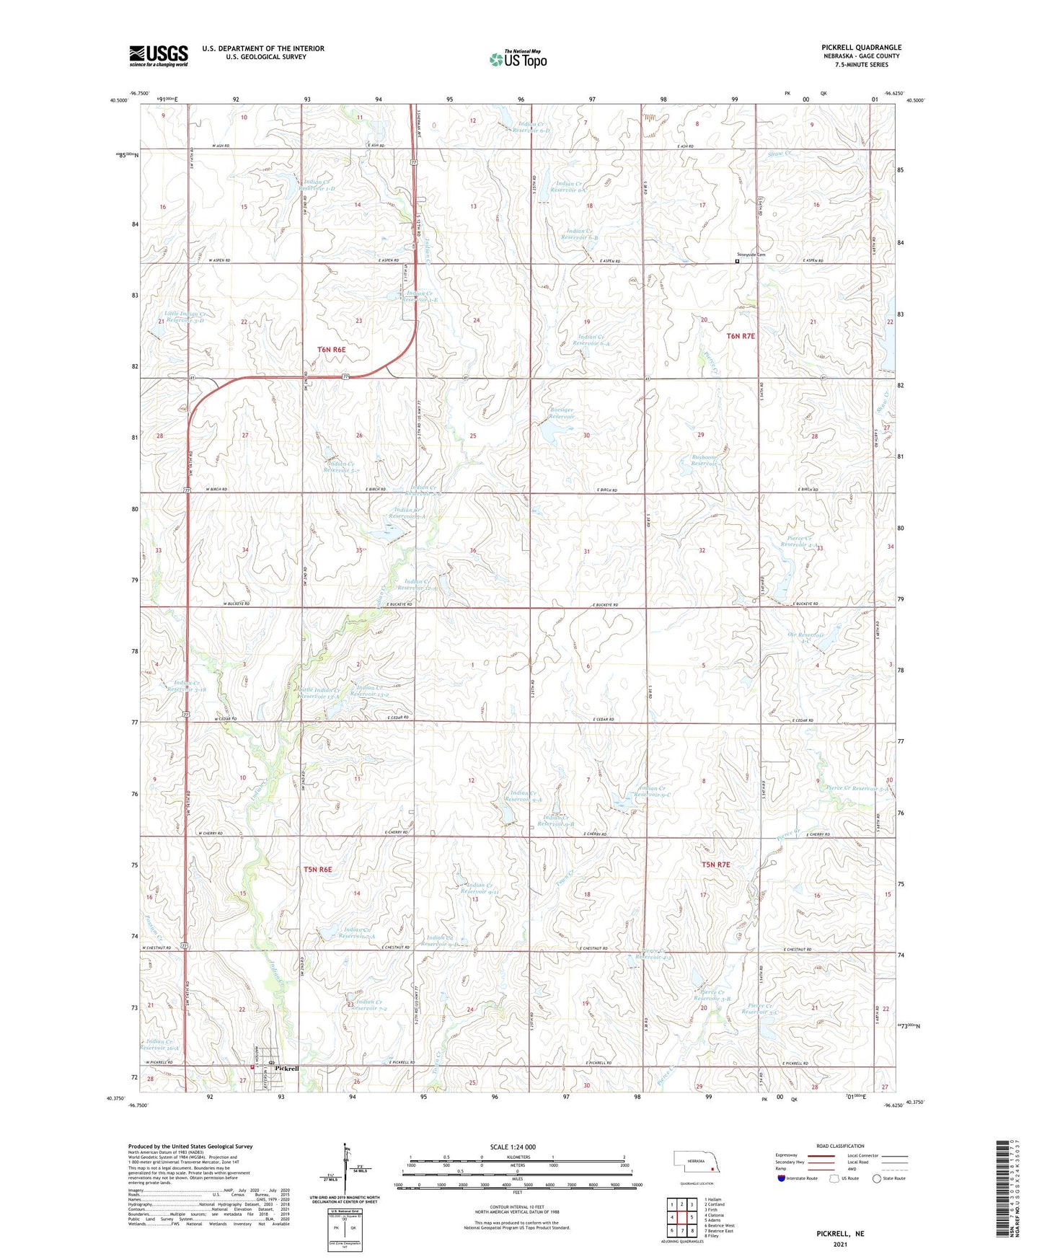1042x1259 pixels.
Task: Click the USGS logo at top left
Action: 158,56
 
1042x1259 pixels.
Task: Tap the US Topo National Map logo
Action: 518,59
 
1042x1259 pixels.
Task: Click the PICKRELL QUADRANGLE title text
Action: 861,48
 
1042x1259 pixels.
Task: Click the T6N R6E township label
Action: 332,350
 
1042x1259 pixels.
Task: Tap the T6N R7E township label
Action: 740,336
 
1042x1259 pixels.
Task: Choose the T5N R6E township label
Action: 317,869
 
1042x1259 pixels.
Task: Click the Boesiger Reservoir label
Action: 561,412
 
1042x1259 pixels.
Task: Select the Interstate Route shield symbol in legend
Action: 782,1179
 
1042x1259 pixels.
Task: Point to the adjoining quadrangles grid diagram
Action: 681,1217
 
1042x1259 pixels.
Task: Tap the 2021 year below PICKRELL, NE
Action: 839,1244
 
